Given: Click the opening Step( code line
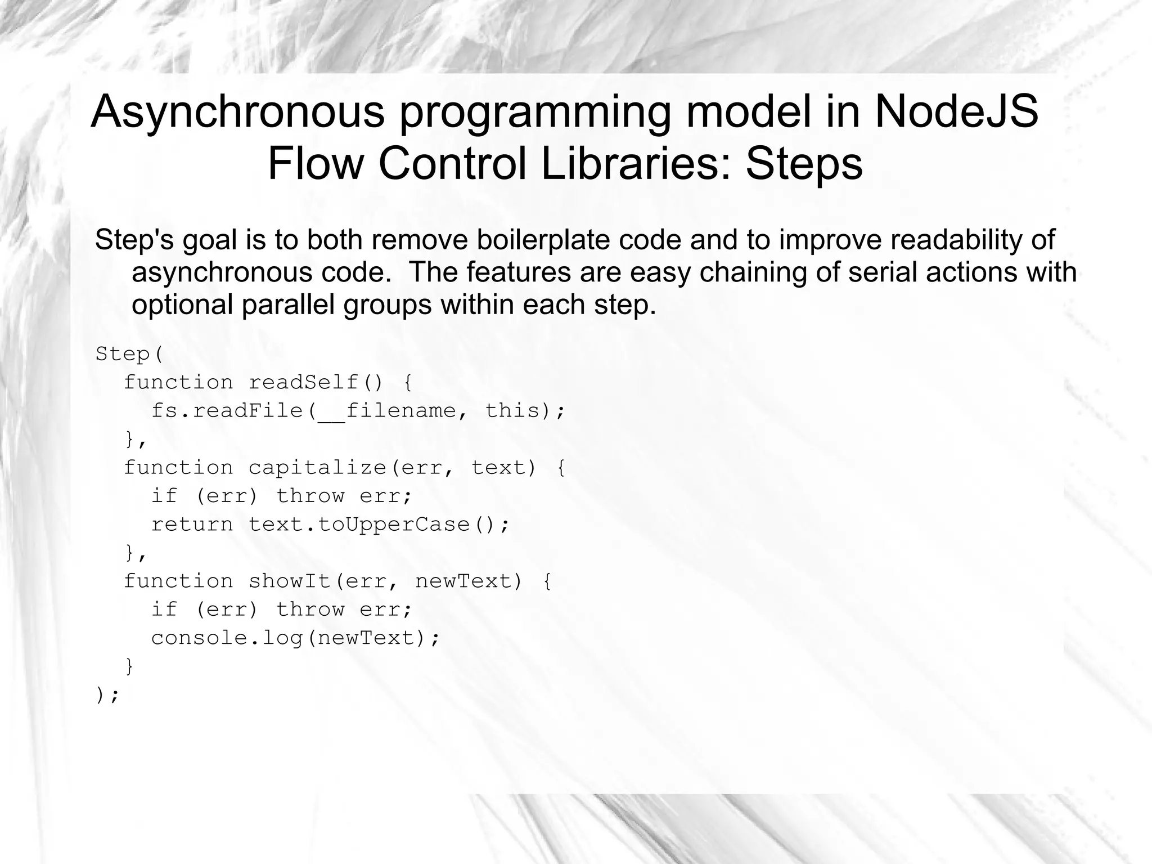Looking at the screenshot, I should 129,354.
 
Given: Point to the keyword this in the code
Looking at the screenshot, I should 512,411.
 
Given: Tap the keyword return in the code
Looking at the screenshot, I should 192,525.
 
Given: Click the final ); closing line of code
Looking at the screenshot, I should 107,696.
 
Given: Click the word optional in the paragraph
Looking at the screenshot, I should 182,305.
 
